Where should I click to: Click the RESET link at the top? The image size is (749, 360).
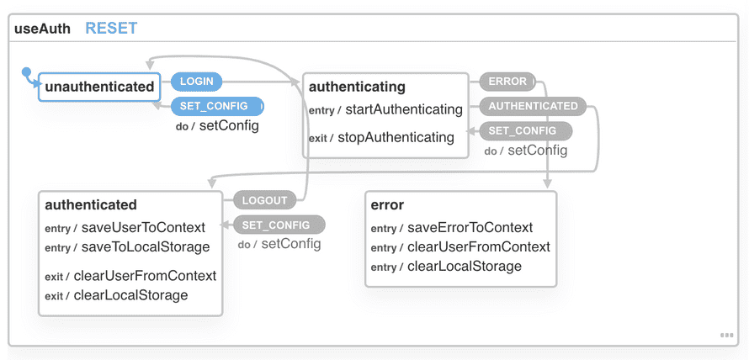pyautogui.click(x=111, y=28)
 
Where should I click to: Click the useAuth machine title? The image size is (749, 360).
pyautogui.click(x=42, y=29)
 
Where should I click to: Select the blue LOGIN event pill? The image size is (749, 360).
pyautogui.click(x=196, y=82)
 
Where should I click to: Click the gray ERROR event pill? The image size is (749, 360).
pyautogui.click(x=507, y=82)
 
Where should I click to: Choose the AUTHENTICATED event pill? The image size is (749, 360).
pyautogui.click(x=533, y=106)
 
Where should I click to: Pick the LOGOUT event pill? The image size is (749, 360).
pyautogui.click(x=265, y=200)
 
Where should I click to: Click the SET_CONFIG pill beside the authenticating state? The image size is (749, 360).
pyautogui.click(x=522, y=130)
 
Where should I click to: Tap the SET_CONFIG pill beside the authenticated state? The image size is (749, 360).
pyautogui.click(x=276, y=225)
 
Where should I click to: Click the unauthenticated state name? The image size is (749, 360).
pyautogui.click(x=99, y=86)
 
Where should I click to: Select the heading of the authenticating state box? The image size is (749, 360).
pyautogui.click(x=357, y=87)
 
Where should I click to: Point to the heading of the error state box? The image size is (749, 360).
pyautogui.click(x=387, y=204)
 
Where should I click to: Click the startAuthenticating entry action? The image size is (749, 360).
pyautogui.click(x=405, y=109)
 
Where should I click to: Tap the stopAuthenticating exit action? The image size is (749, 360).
pyautogui.click(x=396, y=137)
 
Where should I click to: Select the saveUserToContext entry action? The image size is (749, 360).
pyautogui.click(x=143, y=227)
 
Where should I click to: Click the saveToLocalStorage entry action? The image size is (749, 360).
pyautogui.click(x=145, y=246)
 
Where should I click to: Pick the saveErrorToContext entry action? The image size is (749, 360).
pyautogui.click(x=470, y=227)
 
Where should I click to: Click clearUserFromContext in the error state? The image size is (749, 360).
pyautogui.click(x=478, y=246)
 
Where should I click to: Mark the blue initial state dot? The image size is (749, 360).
pyautogui.click(x=26, y=71)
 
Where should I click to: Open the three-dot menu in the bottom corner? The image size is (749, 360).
pyautogui.click(x=726, y=335)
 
